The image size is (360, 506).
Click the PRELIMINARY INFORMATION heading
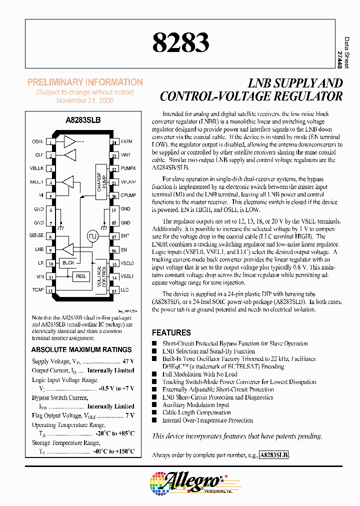coord(85,82)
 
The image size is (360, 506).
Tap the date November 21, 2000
coord(85,100)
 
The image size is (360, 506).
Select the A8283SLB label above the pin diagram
coord(82,120)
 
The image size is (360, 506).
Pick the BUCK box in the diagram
coord(68,262)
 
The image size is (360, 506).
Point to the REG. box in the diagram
coord(80,276)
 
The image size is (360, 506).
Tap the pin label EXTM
coord(126,141)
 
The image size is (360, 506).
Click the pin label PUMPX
coord(128,168)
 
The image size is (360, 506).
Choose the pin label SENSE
coord(36,235)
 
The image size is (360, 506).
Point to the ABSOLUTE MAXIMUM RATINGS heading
coord(81,349)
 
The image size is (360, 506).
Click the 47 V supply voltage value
coord(128,361)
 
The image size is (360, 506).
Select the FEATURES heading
coord(171,332)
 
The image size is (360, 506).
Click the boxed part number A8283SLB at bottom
coord(274,455)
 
